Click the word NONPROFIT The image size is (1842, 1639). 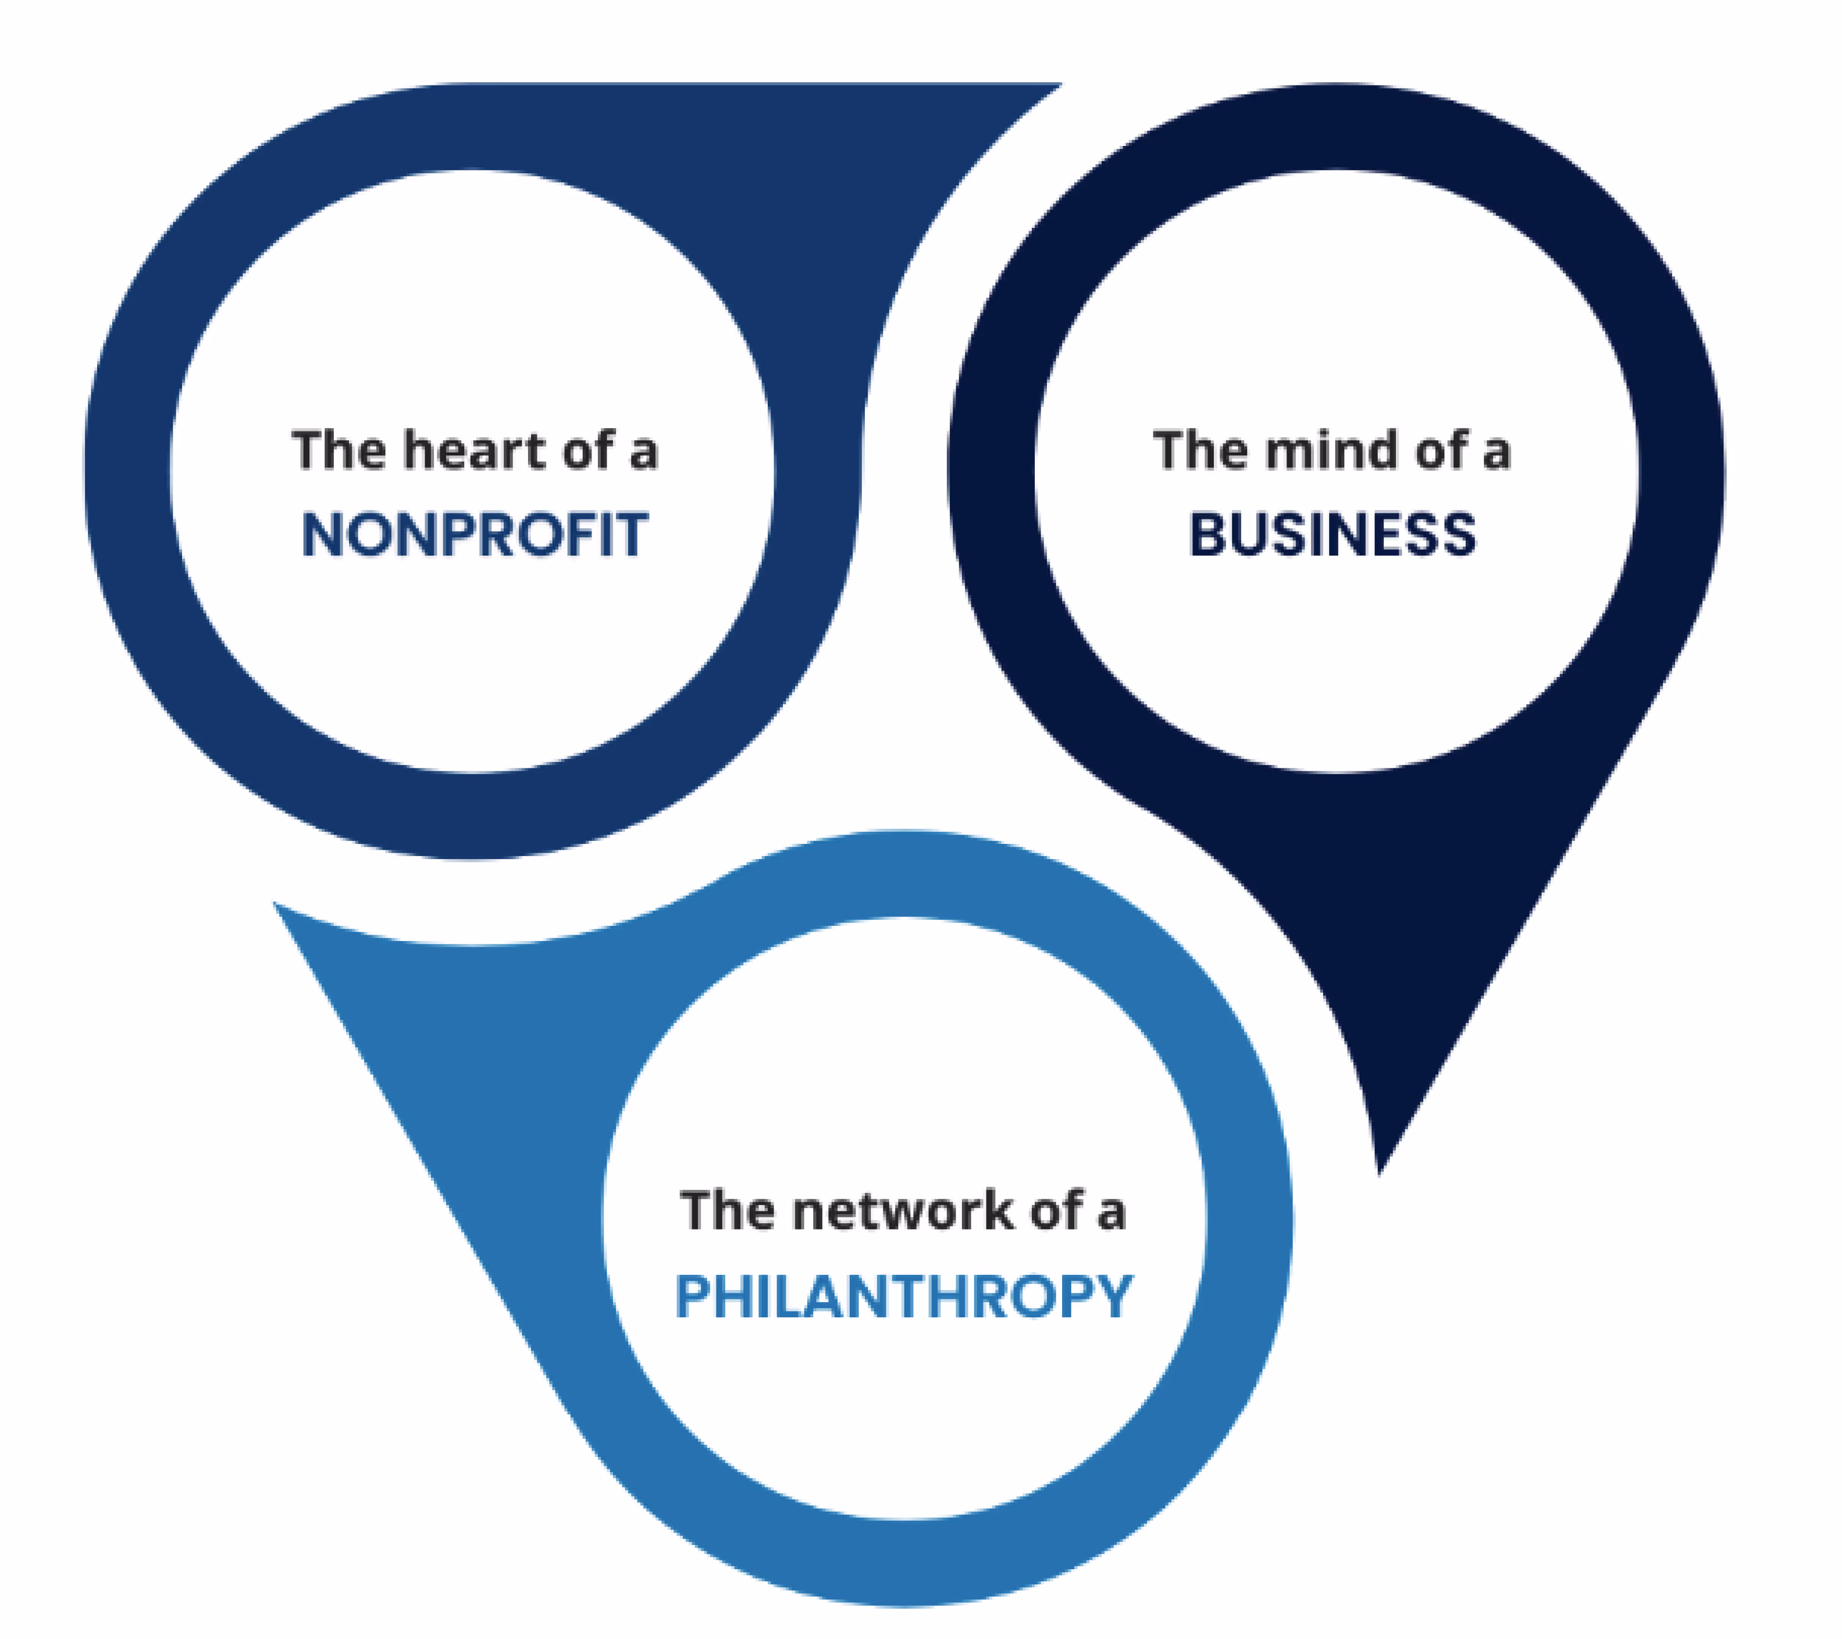[x=475, y=534]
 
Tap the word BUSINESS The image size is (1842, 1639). [x=1333, y=534]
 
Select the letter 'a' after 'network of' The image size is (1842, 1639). [x=1111, y=1214]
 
